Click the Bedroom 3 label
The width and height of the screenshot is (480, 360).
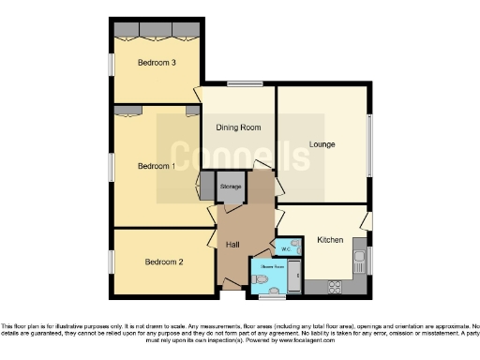[157, 63]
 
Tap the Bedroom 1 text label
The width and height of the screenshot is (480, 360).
[156, 167]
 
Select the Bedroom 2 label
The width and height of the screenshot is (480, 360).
[163, 262]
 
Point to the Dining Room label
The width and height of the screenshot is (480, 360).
[238, 127]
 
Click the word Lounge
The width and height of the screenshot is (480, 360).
[322, 144]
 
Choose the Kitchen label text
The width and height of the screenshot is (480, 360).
[329, 240]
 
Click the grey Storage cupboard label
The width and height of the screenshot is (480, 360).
[231, 187]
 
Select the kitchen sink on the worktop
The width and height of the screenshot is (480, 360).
[357, 254]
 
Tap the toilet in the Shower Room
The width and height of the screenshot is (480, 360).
[259, 278]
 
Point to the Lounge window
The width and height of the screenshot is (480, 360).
[369, 144]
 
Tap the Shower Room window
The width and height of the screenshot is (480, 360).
[272, 295]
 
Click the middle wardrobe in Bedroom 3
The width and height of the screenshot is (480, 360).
[157, 30]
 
